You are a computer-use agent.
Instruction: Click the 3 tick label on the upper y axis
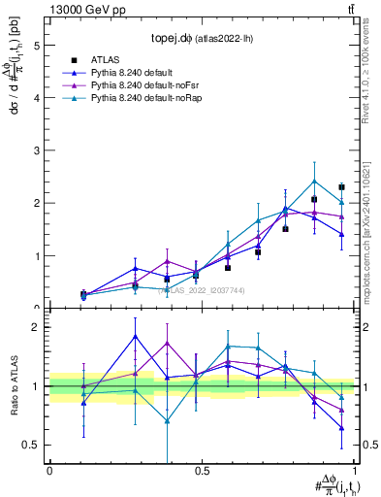click(36, 150)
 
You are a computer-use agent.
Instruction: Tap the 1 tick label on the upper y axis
click(36, 256)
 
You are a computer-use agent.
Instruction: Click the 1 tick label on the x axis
click(354, 471)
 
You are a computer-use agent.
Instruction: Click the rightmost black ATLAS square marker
click(341, 187)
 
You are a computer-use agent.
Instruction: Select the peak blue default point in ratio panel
click(135, 336)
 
